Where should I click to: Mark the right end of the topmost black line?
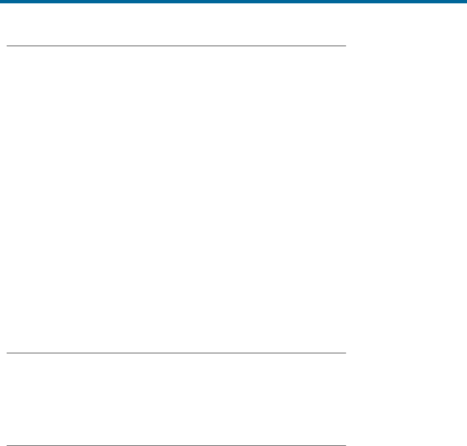pos(345,46)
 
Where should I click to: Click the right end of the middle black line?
pos(345,353)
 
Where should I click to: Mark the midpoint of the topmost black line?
pos(176,46)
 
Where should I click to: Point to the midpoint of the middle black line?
pos(176,353)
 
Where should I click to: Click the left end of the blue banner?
pos(1,2)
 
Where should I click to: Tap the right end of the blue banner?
pos(465,2)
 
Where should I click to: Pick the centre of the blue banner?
pos(233,2)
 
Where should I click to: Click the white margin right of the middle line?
pos(405,353)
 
